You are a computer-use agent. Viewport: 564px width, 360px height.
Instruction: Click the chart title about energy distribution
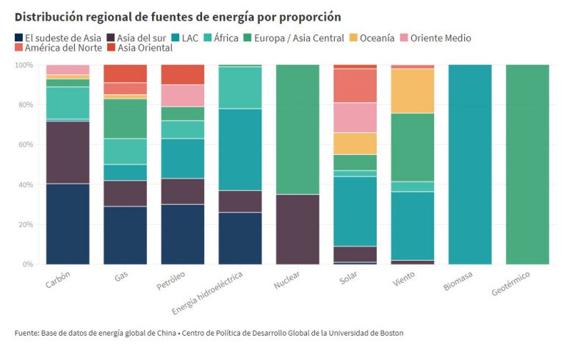tap(178, 16)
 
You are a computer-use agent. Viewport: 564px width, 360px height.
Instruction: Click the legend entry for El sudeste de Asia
tap(57, 37)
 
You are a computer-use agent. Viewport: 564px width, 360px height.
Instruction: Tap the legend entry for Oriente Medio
tap(440, 37)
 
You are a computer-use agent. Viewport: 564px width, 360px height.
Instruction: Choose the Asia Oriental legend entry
tap(145, 48)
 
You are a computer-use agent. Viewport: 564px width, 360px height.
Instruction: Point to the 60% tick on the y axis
tap(24, 145)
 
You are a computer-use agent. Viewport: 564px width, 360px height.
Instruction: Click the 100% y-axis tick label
tap(23, 65)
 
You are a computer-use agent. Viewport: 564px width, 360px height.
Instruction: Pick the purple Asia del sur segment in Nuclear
tap(297, 228)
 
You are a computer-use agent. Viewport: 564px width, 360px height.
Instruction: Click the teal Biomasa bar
tap(470, 164)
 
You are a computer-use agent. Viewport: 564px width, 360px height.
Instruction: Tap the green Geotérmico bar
tap(527, 164)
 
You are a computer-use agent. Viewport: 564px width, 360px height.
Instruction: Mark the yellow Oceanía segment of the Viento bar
tap(413, 91)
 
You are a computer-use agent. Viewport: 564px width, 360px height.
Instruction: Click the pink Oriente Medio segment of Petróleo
tap(183, 96)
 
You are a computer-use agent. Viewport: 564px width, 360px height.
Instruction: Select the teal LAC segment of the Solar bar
tap(355, 211)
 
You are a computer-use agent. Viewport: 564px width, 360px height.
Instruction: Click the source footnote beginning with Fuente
tap(209, 333)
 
